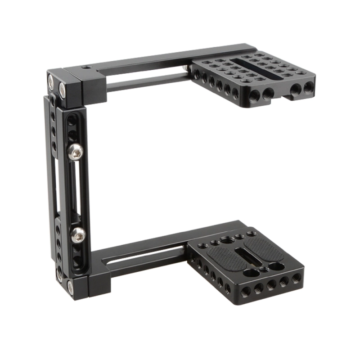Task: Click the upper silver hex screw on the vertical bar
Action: (x=75, y=152)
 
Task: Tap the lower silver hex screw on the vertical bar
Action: (x=78, y=233)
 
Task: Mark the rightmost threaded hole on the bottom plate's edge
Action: (x=295, y=279)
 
